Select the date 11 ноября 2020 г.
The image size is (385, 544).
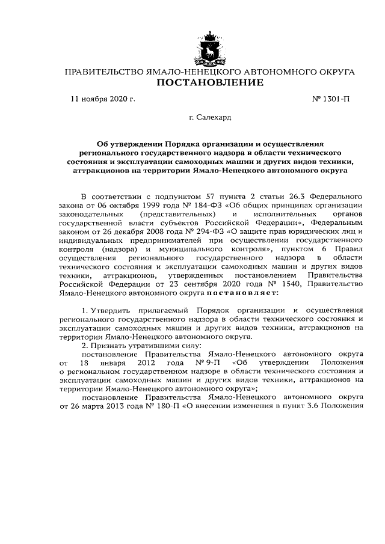[103, 100]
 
